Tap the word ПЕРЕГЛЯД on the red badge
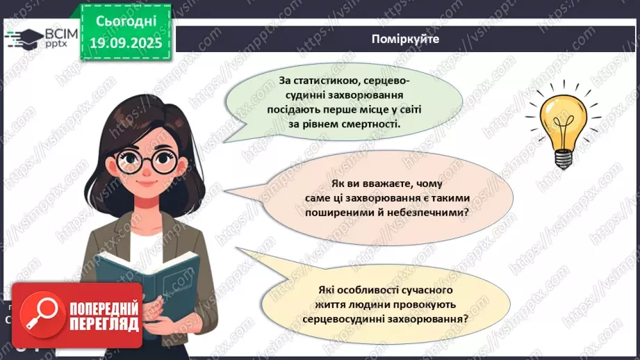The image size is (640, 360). click(x=104, y=323)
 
